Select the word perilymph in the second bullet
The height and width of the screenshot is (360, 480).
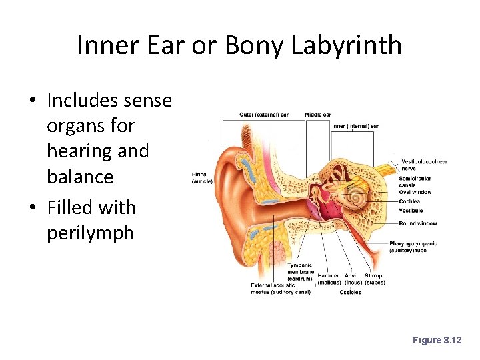(90, 233)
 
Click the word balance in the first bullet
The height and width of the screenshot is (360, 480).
(80, 177)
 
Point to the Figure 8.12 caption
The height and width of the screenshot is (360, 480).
(437, 340)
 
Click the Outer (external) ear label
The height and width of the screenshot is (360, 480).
(264, 115)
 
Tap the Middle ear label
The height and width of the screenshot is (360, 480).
(318, 115)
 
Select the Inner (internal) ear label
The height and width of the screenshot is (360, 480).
(355, 126)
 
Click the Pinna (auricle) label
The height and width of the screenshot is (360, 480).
(202, 178)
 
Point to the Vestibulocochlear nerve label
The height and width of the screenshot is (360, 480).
(424, 165)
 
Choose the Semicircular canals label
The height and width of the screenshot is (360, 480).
(415, 181)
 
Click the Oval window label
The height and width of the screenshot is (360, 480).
(415, 192)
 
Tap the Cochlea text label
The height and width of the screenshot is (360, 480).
(409, 201)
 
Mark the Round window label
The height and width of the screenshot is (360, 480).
(418, 223)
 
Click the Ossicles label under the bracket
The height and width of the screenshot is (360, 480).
(350, 292)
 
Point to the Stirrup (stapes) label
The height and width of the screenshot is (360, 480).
(374, 279)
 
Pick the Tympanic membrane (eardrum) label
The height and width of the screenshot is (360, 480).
(301, 272)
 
